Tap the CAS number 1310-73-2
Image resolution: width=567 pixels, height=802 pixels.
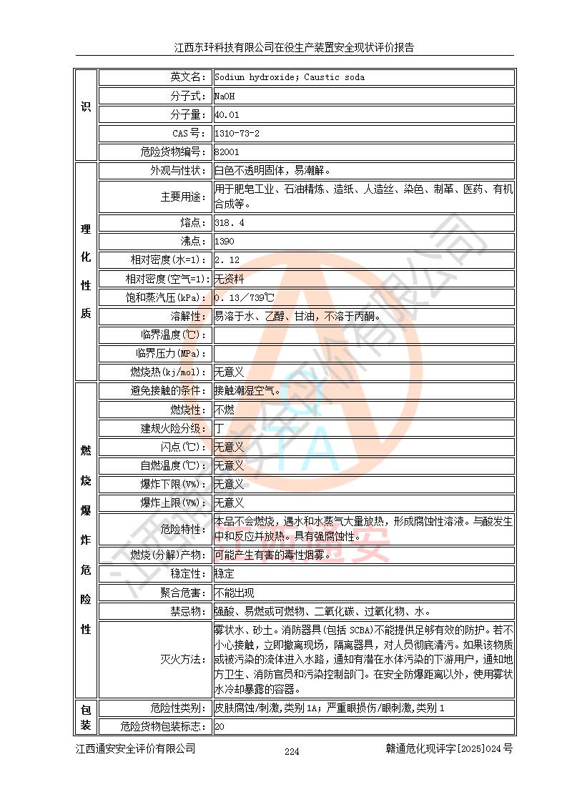[x=237, y=133]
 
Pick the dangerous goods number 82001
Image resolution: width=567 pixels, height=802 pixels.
[x=227, y=152]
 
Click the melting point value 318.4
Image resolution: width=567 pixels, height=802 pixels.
[x=230, y=223]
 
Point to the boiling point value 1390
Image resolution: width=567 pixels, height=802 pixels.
[x=225, y=242]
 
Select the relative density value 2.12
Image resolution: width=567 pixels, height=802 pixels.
[x=227, y=260]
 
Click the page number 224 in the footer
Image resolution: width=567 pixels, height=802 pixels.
[x=292, y=751]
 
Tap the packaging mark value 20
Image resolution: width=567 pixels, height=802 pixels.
[x=220, y=727]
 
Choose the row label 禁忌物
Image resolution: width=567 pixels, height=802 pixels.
[x=188, y=612]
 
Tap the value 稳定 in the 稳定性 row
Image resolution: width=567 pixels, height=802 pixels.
[x=225, y=574]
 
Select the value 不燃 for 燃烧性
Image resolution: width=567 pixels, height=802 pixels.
[x=225, y=410]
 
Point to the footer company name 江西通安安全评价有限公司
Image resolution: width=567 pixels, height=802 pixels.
[x=136, y=749]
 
